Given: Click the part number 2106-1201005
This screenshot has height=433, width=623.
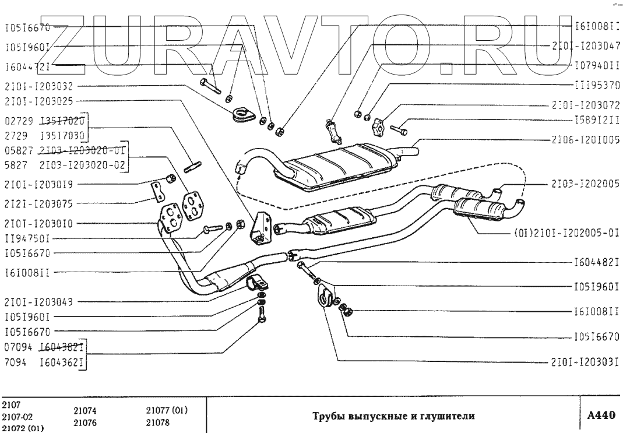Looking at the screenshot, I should tap(585, 139).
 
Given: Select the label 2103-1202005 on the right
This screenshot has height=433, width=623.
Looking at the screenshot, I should tap(585, 184).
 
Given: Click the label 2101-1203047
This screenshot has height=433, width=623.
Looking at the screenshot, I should tap(586, 45).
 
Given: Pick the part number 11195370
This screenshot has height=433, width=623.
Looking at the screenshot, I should tap(596, 85).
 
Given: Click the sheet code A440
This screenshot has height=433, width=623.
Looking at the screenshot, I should tap(600, 416).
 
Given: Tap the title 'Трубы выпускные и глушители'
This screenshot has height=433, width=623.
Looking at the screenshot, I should tap(392, 416).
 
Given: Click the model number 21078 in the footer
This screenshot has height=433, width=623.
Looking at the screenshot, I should tap(157, 423).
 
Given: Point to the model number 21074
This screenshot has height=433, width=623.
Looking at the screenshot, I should tap(86, 411).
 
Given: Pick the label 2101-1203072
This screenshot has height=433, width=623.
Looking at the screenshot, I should tap(585, 107).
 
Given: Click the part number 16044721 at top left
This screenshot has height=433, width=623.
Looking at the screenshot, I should tap(27, 67).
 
